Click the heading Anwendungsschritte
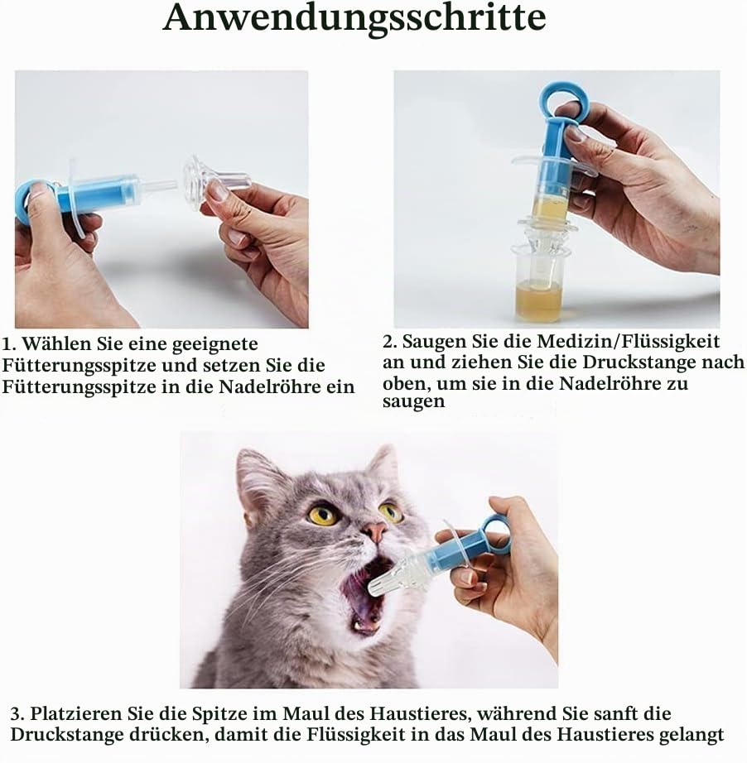[354, 18]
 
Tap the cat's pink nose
[374, 532]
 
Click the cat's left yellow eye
[323, 515]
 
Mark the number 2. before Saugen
[390, 342]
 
